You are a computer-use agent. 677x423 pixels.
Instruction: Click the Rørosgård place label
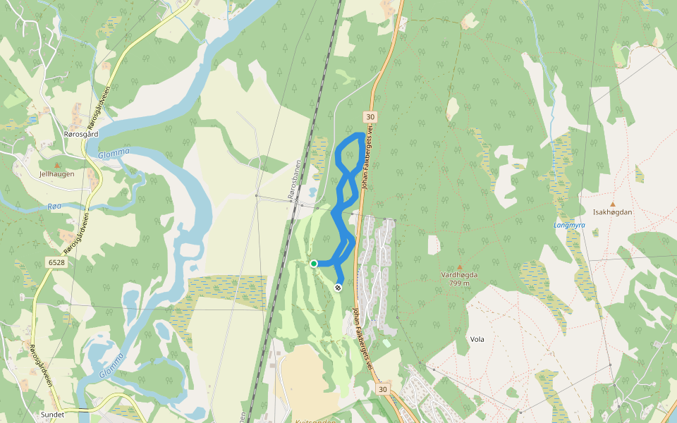[x=80, y=134]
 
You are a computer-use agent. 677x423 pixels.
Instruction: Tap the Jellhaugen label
[x=57, y=173]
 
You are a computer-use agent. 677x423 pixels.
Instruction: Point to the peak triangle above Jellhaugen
[x=57, y=164]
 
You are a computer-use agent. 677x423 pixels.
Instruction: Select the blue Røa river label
[x=54, y=207]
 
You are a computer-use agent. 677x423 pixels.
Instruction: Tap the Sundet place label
[x=52, y=415]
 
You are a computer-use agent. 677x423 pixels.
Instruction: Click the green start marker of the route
[x=314, y=264]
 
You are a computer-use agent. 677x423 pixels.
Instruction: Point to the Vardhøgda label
[x=459, y=275]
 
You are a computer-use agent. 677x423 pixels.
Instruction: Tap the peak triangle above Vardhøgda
[x=460, y=266]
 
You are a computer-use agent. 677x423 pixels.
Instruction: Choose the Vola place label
[x=477, y=339]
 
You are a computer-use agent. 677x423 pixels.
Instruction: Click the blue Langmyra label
[x=571, y=225]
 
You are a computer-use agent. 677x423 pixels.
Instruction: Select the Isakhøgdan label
[x=611, y=212]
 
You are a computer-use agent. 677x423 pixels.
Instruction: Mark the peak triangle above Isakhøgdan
[x=612, y=204]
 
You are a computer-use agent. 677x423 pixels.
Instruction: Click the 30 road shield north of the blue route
[x=370, y=116]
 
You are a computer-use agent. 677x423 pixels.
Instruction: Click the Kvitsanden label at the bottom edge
[x=315, y=420]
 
